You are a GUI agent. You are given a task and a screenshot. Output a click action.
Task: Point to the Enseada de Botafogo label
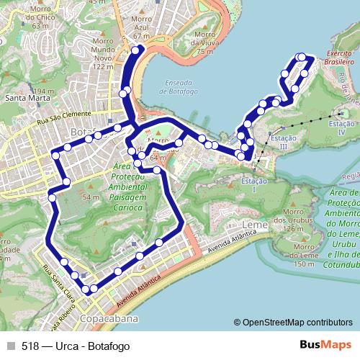point(175,87)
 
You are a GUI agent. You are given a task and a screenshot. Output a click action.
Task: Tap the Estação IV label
point(342,129)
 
